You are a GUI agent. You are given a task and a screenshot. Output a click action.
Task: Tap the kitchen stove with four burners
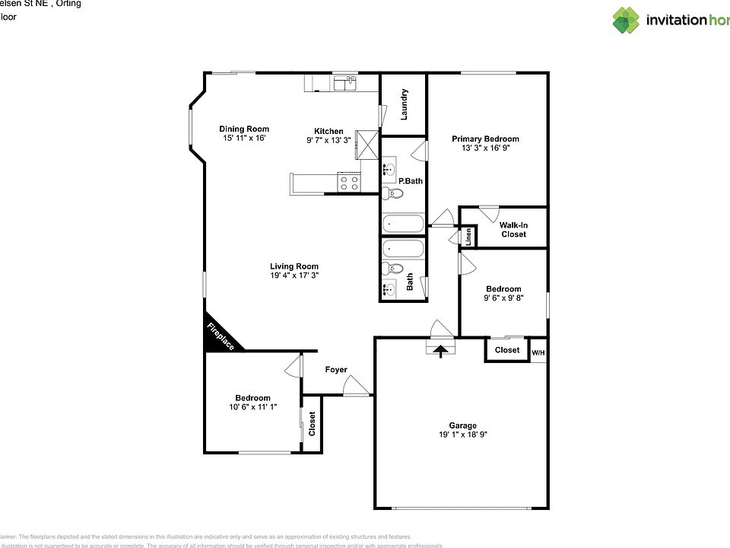(x=349, y=183)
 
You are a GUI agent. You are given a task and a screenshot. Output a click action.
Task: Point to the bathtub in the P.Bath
(x=403, y=224)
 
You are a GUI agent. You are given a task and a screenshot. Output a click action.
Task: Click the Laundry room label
(x=405, y=104)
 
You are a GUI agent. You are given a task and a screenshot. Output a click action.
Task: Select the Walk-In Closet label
(x=513, y=229)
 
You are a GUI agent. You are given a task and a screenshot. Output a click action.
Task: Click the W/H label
(x=538, y=352)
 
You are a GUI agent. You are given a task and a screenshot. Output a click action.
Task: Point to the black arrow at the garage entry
(x=440, y=350)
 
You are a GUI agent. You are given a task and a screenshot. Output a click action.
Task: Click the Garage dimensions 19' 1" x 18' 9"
(x=462, y=435)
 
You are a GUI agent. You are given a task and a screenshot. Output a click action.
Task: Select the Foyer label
(x=336, y=370)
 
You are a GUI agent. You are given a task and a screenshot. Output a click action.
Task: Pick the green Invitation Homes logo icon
(x=627, y=21)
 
